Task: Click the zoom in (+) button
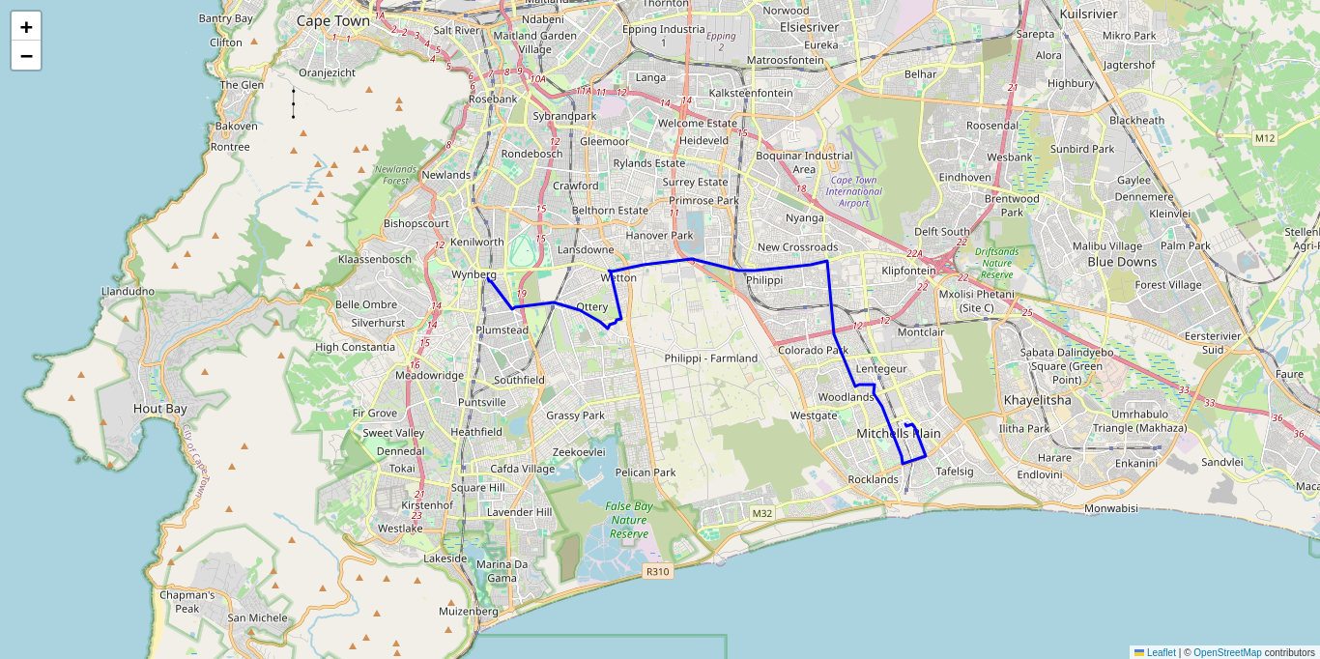pos(26,27)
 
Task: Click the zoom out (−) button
pos(26,56)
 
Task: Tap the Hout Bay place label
pos(160,409)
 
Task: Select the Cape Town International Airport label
pos(853,191)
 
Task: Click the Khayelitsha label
pos(1038,399)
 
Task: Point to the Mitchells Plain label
pos(898,433)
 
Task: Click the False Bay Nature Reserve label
pos(629,520)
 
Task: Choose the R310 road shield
pos(657,571)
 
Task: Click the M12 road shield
pos(1265,138)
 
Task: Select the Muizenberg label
pos(469,611)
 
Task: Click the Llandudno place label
pos(128,291)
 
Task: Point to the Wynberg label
pos(473,274)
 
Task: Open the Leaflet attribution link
pos(1161,652)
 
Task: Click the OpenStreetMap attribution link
pos(1227,652)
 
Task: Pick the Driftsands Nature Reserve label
pos(996,263)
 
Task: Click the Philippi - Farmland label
pos(711,358)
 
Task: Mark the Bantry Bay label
pos(225,18)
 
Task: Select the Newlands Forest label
pos(391,175)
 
